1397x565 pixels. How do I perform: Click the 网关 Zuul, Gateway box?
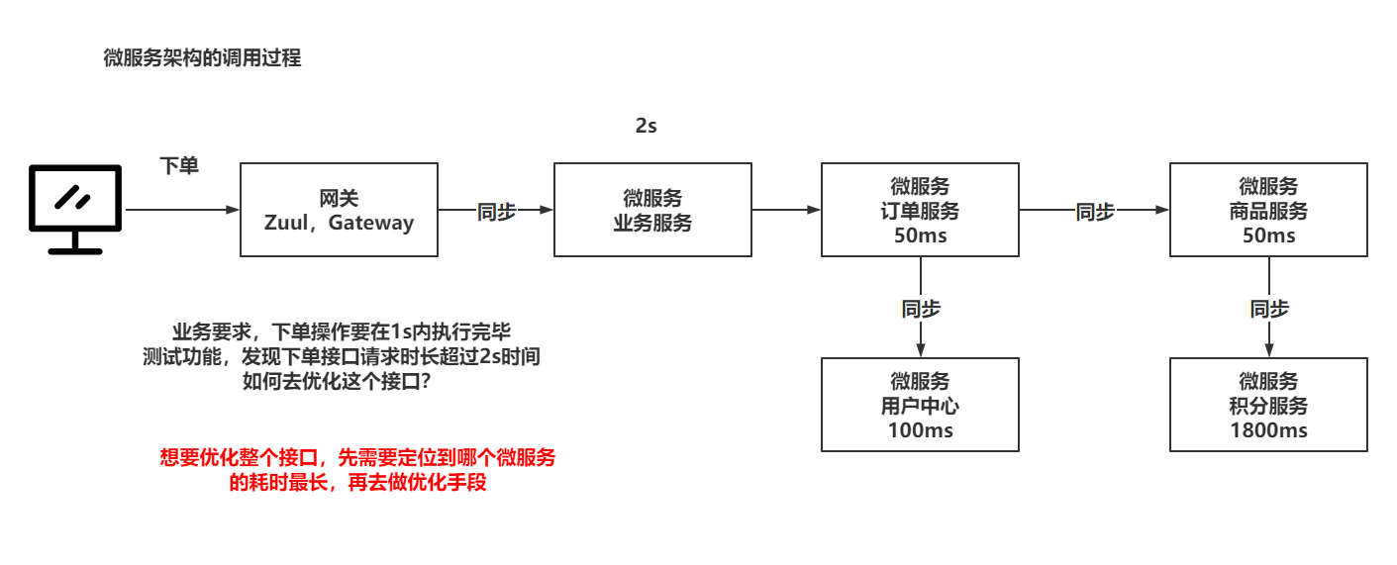(x=339, y=210)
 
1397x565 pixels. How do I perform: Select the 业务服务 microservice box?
(x=651, y=210)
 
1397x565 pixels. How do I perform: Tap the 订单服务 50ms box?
(x=920, y=210)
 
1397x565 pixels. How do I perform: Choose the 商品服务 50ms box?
(x=1268, y=210)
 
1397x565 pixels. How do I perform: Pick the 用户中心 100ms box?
(x=920, y=405)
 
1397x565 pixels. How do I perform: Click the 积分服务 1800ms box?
(x=1268, y=405)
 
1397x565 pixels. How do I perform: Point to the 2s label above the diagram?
(x=646, y=127)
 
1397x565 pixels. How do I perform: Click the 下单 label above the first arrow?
(x=179, y=166)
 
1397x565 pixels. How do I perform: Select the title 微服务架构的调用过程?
(x=202, y=58)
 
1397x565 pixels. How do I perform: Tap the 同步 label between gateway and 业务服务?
(x=497, y=211)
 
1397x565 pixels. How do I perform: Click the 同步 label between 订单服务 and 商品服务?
(x=1095, y=211)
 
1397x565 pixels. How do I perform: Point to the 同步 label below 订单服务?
(x=921, y=309)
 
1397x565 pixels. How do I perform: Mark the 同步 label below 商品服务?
(x=1269, y=309)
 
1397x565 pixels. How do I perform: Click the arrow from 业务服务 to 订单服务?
(x=786, y=210)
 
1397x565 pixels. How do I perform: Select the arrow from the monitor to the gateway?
(x=183, y=210)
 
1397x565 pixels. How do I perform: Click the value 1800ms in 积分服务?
(x=1268, y=430)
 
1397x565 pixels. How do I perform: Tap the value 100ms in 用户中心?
(x=920, y=430)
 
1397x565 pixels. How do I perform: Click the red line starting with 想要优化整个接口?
(x=357, y=458)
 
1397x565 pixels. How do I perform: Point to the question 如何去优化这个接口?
(x=337, y=382)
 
